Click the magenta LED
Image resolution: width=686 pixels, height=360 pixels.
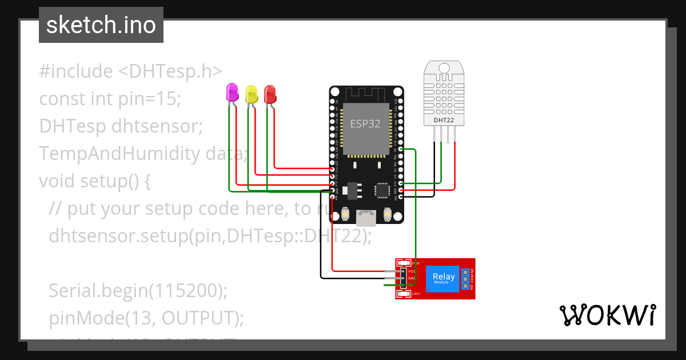coord(232,93)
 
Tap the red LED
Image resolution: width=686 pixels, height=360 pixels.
coord(270,93)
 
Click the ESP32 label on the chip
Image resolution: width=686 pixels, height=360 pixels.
coord(365,123)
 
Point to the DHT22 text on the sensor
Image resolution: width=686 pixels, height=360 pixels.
coord(444,120)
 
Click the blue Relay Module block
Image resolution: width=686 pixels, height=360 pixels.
coord(443,278)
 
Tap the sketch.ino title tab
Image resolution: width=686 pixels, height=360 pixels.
coord(101,25)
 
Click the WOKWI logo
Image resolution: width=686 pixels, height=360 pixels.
coord(607,315)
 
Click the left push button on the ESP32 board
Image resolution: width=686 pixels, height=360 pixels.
coord(345,214)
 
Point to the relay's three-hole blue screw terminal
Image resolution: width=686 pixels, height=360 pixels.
coord(466,278)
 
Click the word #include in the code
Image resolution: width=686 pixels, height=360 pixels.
coord(76,71)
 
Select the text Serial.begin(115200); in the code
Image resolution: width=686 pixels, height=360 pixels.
coord(138,290)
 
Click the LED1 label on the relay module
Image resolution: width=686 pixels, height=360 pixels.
coord(416,294)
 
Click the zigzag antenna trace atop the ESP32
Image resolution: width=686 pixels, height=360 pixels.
coord(366,93)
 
